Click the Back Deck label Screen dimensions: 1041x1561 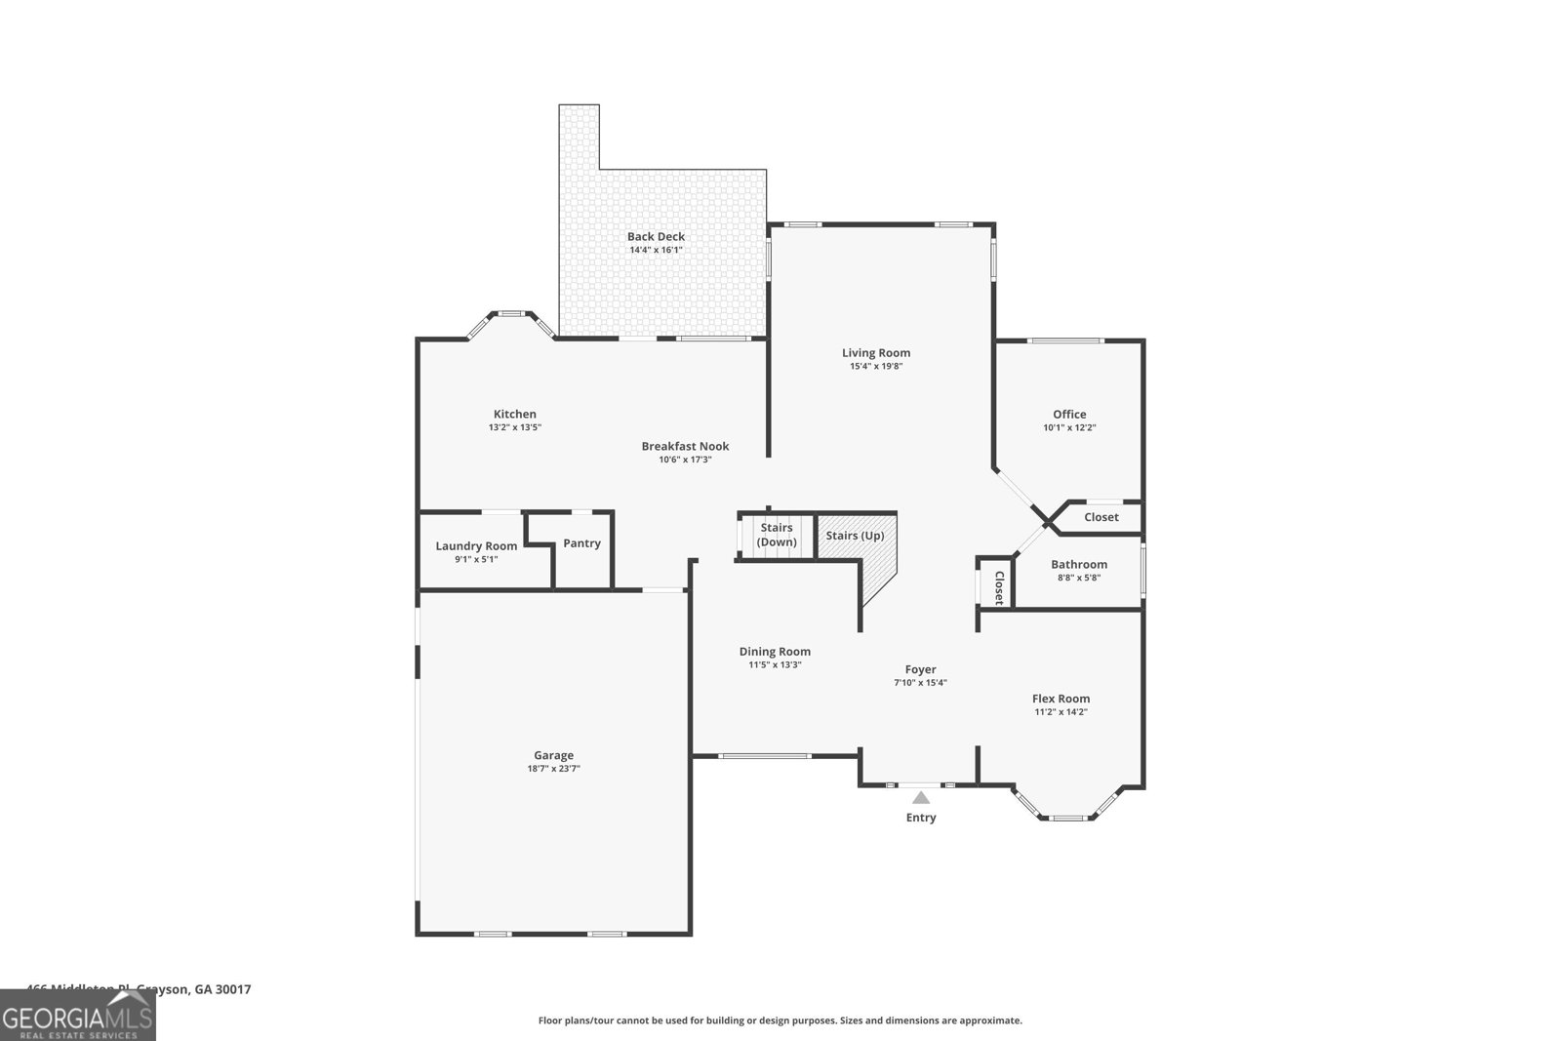click(656, 236)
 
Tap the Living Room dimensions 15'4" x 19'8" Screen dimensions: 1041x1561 click(876, 367)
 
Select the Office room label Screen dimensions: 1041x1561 click(1069, 414)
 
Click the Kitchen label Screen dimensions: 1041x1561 click(514, 414)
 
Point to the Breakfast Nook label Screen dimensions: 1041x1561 click(685, 446)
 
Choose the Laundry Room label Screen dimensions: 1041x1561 click(476, 546)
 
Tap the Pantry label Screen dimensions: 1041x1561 click(582, 543)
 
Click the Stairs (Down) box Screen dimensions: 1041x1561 click(778, 535)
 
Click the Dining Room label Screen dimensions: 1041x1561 click(775, 652)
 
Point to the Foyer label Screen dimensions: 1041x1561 click(920, 669)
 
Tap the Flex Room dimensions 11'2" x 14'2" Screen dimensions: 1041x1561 click(1061, 712)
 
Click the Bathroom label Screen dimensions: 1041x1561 click(1079, 564)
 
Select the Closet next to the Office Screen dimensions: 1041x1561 click(1101, 517)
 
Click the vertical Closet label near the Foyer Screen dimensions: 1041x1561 click(998, 587)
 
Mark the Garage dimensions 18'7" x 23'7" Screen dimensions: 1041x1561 click(553, 769)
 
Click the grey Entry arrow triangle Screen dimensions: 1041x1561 click(921, 798)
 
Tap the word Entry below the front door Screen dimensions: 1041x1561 click(921, 818)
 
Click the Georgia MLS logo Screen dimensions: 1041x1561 click(78, 1020)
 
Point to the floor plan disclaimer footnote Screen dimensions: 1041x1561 click(780, 1021)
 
